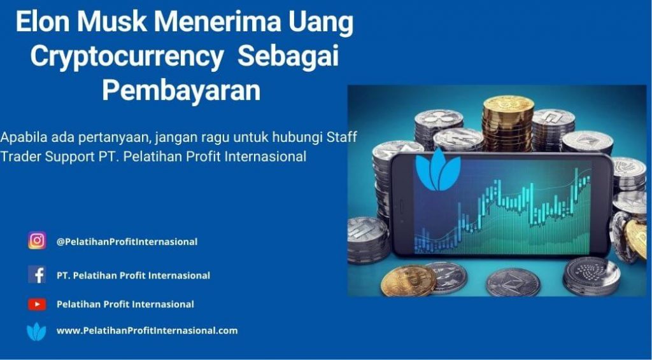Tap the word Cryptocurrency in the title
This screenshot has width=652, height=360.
(x=127, y=57)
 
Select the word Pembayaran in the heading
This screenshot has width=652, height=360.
(x=181, y=90)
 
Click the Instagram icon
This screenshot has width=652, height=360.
(x=37, y=240)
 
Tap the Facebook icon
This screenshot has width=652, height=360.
(x=37, y=275)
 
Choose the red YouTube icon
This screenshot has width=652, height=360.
(x=37, y=305)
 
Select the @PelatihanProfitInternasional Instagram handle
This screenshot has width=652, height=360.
(x=127, y=242)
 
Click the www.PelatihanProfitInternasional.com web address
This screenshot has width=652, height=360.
(x=147, y=331)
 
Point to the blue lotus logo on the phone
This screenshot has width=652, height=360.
(x=438, y=170)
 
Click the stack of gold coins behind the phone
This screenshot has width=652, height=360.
(x=507, y=123)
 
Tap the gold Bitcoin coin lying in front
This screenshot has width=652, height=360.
(x=408, y=280)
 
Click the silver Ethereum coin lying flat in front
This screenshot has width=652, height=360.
(x=513, y=282)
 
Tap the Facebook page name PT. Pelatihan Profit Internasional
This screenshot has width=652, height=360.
(x=134, y=275)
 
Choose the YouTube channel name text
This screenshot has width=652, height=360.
(x=125, y=305)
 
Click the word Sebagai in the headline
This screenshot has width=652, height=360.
(x=288, y=57)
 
